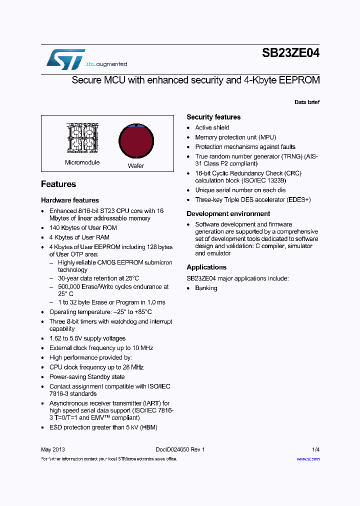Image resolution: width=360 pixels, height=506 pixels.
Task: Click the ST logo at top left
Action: (x=65, y=59)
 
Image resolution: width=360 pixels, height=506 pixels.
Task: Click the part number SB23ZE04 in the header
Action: (x=290, y=53)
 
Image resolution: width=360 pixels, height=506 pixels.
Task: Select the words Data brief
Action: (x=306, y=102)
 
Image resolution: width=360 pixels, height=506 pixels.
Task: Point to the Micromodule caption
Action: (x=82, y=162)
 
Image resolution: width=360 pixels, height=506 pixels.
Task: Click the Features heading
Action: (x=58, y=184)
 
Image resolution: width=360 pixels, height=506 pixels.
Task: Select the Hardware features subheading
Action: (x=70, y=200)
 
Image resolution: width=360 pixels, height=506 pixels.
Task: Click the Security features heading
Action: (x=213, y=117)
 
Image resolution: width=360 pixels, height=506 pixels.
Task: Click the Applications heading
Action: (x=206, y=267)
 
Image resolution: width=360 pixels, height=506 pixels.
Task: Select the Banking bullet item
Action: (x=206, y=288)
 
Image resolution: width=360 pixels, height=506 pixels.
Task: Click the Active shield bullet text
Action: (x=212, y=127)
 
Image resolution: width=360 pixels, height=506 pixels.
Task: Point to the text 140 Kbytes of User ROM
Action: (x=83, y=227)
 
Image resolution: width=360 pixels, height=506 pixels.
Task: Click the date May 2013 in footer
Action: (x=52, y=449)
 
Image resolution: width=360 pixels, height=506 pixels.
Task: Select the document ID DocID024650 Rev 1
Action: (x=176, y=449)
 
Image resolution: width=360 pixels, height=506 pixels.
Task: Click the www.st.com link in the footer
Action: (x=308, y=458)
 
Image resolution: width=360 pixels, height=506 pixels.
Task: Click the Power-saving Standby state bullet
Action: (x=86, y=377)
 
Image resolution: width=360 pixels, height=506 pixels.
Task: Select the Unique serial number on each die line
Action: (x=240, y=190)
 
